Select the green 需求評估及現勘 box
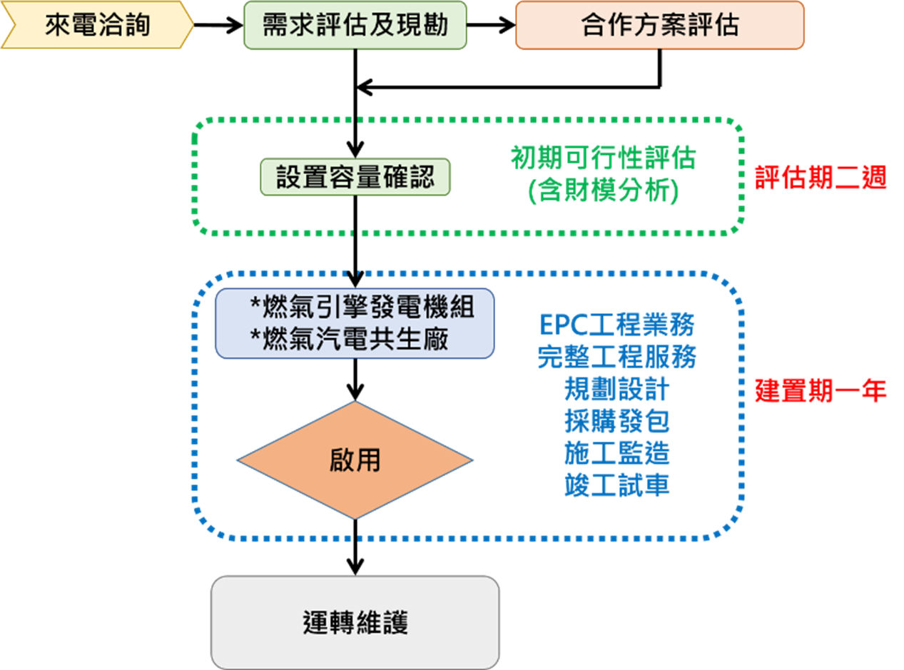(355, 25)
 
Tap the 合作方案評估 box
(660, 25)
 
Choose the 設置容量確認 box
(355, 177)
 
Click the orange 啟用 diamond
(355, 460)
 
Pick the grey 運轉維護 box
(355, 623)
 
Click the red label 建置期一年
(821, 391)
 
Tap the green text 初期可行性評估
(603, 158)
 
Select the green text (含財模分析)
(603, 191)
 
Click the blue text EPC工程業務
(616, 325)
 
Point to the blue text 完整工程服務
(616, 357)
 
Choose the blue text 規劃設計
(616, 390)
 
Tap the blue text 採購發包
(616, 422)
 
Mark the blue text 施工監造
(616, 454)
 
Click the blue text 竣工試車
(616, 485)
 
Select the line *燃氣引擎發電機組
(362, 308)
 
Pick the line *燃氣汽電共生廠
(349, 339)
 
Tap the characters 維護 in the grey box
(382, 623)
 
